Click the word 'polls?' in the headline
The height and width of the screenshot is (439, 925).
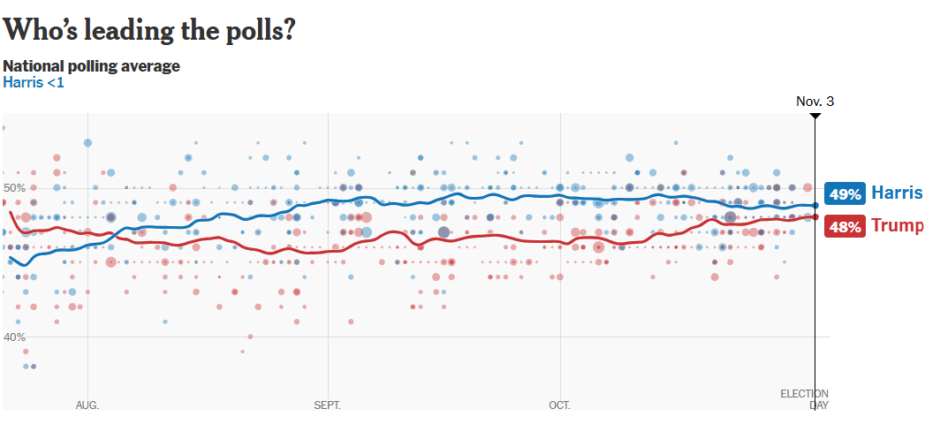256,30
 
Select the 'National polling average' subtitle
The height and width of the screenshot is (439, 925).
92,66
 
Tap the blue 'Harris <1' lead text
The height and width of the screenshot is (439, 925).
34,82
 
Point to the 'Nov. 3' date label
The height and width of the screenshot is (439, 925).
815,101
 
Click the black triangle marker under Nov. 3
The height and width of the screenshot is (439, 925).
815,117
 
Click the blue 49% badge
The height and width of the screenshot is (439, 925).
845,193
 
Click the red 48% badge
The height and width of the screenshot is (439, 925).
845,226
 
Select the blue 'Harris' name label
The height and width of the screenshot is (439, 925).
897,193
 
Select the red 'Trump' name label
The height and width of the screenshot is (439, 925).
897,225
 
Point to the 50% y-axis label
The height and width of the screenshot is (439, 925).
15,187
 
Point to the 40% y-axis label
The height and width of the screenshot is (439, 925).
15,337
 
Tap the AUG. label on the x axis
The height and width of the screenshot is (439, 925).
87,405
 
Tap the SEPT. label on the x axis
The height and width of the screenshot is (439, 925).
327,405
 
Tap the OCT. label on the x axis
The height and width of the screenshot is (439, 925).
559,405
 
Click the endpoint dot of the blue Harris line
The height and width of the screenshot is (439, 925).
815,205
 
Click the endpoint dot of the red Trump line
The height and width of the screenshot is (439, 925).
815,216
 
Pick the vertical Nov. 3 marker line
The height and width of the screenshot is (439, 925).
815,291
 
